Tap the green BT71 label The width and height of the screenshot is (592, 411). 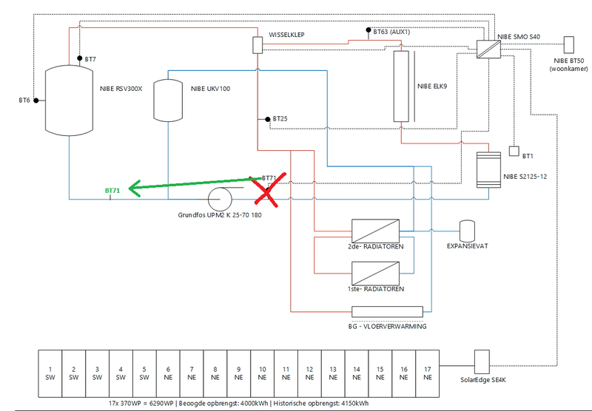[x=112, y=191]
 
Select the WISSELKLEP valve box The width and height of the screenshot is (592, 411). [x=258, y=45]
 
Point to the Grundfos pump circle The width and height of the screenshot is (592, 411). [x=221, y=199]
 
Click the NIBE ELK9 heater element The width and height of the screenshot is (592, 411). [x=402, y=86]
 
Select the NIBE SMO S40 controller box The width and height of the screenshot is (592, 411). [x=488, y=49]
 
